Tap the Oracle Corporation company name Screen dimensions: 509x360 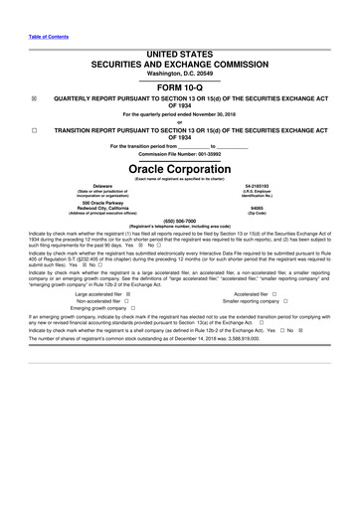179,169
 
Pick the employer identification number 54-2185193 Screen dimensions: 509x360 258,186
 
